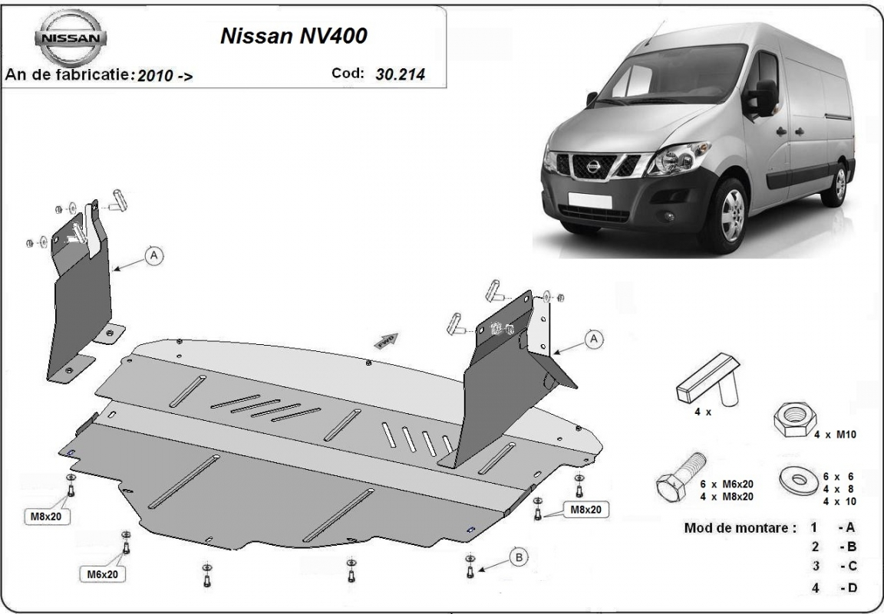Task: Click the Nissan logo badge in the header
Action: pos(71,38)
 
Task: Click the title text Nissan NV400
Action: pos(294,35)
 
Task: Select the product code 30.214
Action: pos(401,74)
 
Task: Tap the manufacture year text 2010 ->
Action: pos(165,75)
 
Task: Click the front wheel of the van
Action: pos(731,215)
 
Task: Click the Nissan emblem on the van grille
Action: pos(594,167)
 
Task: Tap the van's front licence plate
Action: pos(589,201)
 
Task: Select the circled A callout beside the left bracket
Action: pos(153,256)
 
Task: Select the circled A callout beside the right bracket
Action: pos(594,339)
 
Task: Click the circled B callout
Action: pos(518,558)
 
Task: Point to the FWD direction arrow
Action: pos(386,340)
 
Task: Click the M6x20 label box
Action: pos(103,574)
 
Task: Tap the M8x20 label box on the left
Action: pos(47,516)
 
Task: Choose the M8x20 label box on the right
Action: pos(586,510)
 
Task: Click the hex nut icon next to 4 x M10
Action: pos(795,419)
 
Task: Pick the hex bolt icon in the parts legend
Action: pos(681,477)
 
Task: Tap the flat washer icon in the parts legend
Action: pos(799,480)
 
